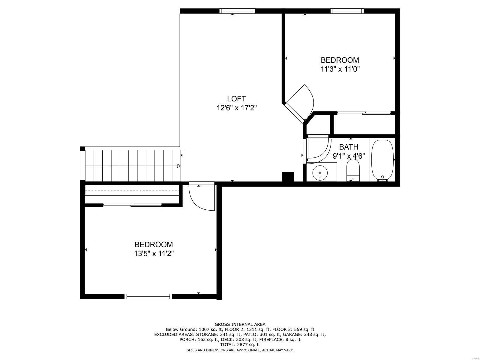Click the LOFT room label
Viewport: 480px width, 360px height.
click(x=236, y=99)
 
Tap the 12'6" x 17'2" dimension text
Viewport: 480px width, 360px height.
click(x=236, y=108)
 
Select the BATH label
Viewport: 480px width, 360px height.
click(x=349, y=147)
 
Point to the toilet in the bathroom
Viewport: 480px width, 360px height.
click(x=353, y=170)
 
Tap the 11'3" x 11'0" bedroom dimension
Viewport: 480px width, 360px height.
click(x=340, y=69)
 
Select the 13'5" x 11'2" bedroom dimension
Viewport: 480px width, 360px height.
click(x=154, y=254)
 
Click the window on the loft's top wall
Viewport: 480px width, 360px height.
click(x=237, y=11)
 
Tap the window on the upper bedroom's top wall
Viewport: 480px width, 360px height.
click(x=347, y=11)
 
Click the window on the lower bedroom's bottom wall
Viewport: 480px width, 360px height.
click(x=148, y=296)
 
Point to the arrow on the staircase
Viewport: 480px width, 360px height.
click(x=178, y=166)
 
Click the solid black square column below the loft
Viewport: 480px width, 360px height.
click(x=288, y=177)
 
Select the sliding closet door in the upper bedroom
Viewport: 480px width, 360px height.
click(x=364, y=113)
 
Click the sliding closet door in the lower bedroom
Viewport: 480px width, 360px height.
click(x=132, y=205)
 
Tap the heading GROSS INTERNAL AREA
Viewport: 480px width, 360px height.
click(x=240, y=324)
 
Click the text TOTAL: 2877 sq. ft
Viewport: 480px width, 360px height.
click(x=240, y=345)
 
